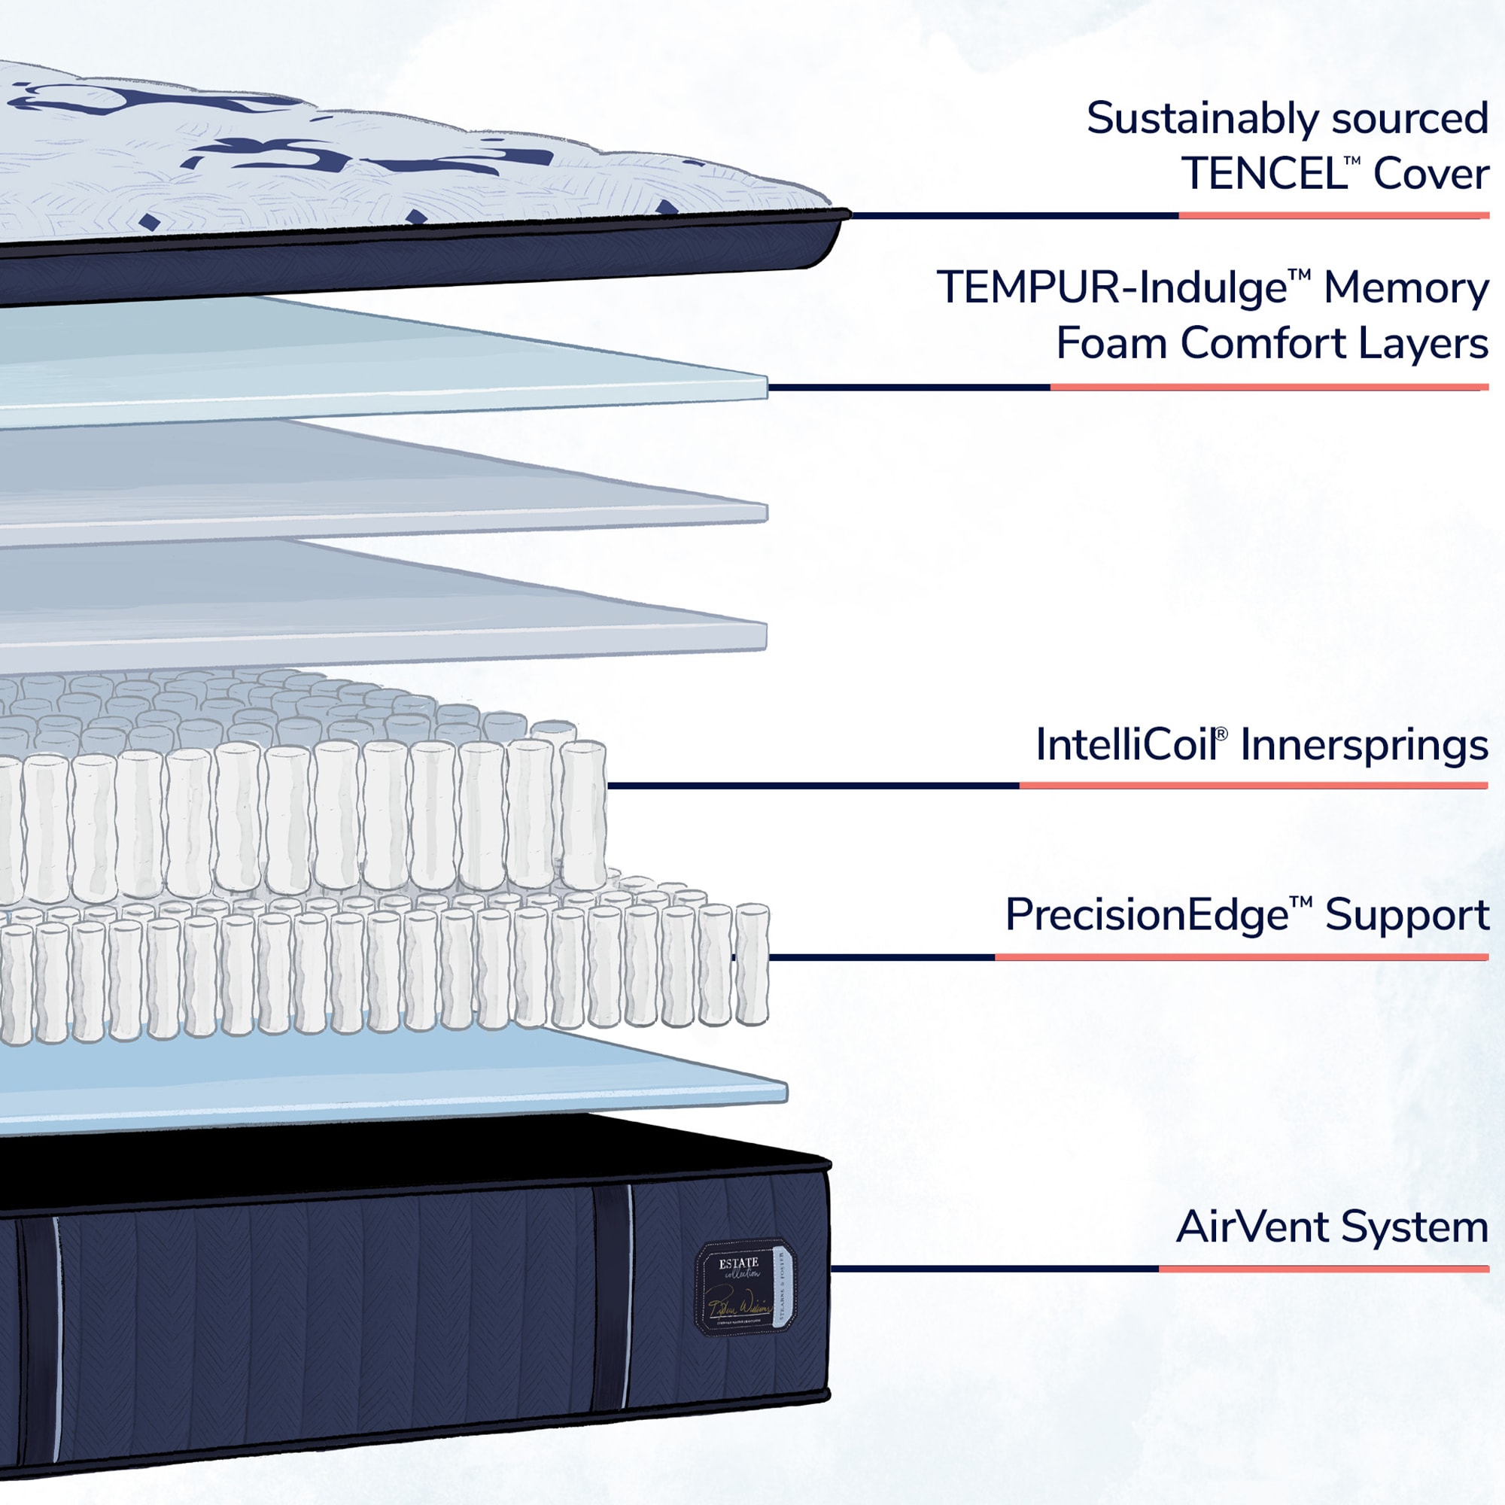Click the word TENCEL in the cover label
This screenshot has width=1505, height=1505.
click(1263, 174)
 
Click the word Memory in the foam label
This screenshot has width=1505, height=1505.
click(1406, 288)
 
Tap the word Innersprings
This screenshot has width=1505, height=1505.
click(1364, 746)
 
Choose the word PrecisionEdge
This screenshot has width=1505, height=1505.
click(1146, 915)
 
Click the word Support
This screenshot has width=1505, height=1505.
click(1407, 915)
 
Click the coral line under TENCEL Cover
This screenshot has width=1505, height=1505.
click(1333, 216)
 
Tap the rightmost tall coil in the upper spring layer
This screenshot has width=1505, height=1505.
click(583, 814)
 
